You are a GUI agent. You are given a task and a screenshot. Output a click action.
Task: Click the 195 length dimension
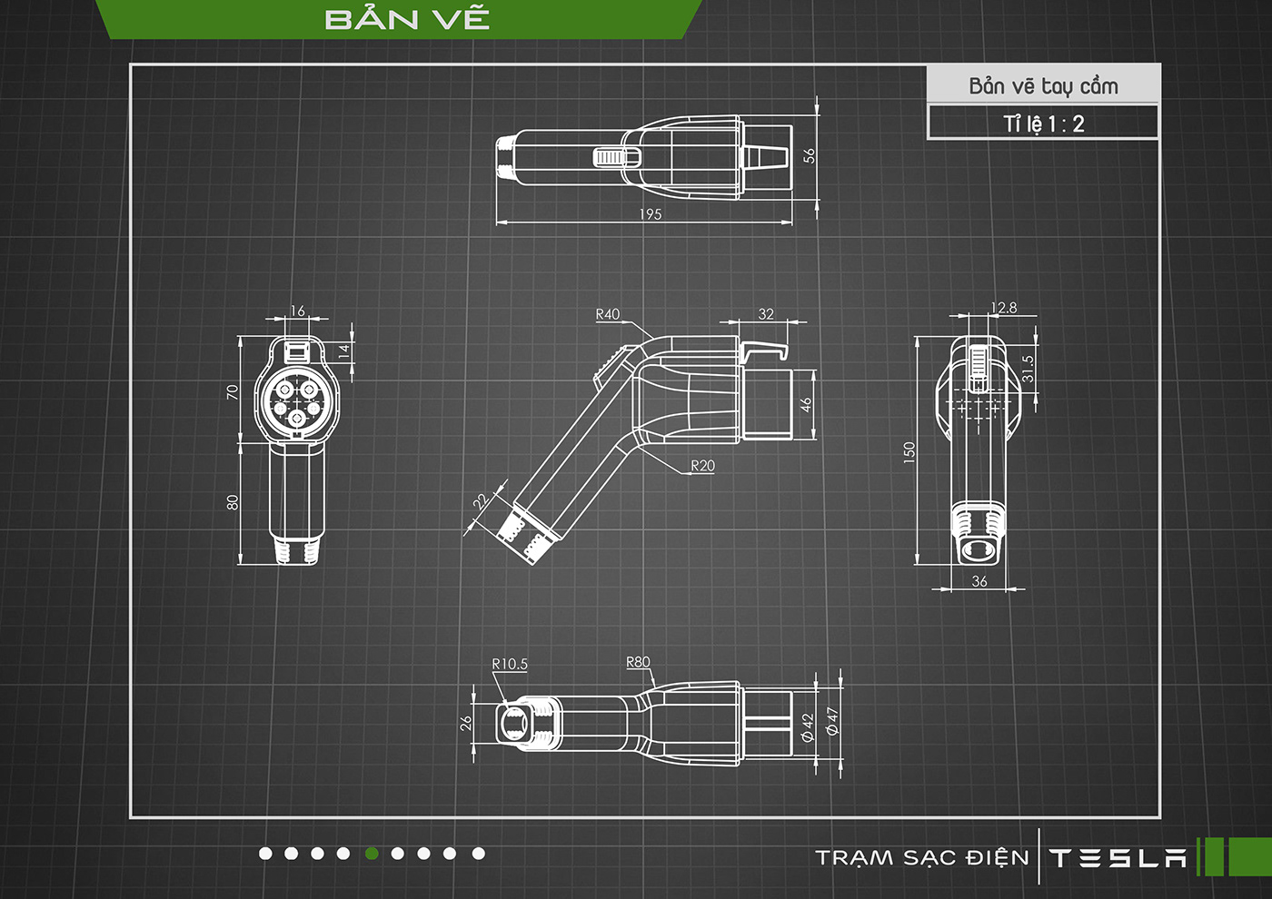(651, 214)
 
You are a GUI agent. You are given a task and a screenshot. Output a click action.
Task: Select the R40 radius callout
(608, 314)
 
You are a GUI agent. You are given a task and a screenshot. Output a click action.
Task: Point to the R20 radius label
(702, 466)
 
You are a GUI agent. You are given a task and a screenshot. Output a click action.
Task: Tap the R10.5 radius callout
(510, 664)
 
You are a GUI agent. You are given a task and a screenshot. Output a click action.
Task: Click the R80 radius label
(638, 662)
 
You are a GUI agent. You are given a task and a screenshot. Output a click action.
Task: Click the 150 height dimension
(909, 451)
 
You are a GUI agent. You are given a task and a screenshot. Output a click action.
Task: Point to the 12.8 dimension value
(1003, 308)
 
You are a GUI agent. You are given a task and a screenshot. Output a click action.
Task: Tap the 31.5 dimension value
(1028, 368)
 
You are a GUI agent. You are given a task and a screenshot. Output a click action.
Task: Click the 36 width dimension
(979, 581)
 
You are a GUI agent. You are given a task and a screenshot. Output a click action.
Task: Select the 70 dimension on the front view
(233, 391)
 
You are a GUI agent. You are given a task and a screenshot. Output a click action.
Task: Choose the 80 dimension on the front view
(233, 502)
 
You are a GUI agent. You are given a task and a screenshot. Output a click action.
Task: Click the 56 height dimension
(810, 155)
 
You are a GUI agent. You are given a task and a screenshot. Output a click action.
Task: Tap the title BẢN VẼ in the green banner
(407, 19)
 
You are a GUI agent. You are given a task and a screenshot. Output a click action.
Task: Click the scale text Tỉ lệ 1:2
(1043, 123)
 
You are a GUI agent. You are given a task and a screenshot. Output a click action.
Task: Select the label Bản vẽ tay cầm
(1043, 86)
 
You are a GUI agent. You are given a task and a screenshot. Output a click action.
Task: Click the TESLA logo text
(1118, 858)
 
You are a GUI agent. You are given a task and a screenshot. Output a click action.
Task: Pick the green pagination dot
(372, 854)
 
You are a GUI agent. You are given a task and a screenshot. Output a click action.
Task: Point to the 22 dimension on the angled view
(481, 500)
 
